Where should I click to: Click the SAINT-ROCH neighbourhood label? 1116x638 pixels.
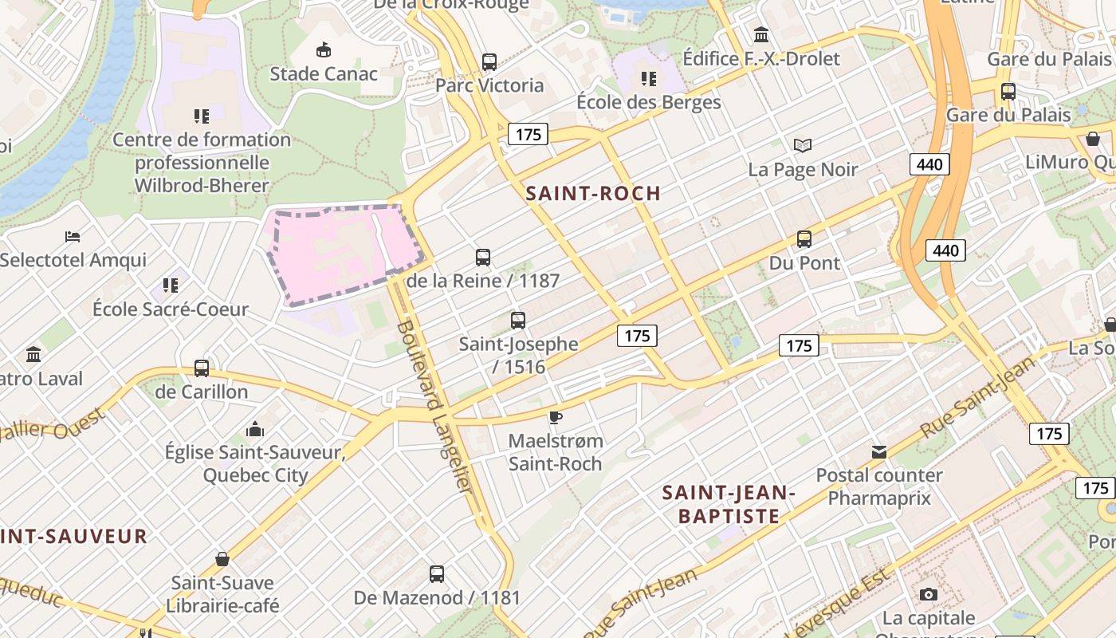[x=593, y=193]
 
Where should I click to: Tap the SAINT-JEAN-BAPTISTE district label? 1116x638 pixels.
[x=729, y=504]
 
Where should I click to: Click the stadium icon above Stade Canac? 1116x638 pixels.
[x=323, y=50]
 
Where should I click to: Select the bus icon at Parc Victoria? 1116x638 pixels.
[x=489, y=61]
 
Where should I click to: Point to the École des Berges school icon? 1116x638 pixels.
[x=649, y=78]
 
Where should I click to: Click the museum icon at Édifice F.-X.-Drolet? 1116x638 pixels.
[x=761, y=35]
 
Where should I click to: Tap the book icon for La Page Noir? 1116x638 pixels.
[x=803, y=145]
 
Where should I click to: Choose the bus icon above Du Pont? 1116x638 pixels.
[x=804, y=238]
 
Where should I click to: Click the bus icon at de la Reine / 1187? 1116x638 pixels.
[x=483, y=257]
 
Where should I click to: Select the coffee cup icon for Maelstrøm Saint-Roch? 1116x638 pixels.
[x=556, y=417]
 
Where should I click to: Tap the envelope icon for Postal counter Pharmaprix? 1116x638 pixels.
[x=879, y=452]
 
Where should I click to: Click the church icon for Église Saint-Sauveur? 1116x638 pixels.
[x=255, y=429]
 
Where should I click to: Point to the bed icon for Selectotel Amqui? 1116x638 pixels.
[x=73, y=236]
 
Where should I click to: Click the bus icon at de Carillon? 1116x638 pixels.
[x=202, y=368]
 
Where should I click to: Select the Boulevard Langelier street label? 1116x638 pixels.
[x=435, y=407]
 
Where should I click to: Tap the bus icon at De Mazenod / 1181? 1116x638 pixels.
[x=437, y=573]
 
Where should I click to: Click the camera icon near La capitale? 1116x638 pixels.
[x=928, y=594]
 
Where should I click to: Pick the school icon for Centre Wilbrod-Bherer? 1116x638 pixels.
[x=202, y=116]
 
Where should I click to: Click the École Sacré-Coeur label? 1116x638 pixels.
[x=171, y=309]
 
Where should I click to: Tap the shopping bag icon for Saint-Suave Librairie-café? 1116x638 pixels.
[x=222, y=559]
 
